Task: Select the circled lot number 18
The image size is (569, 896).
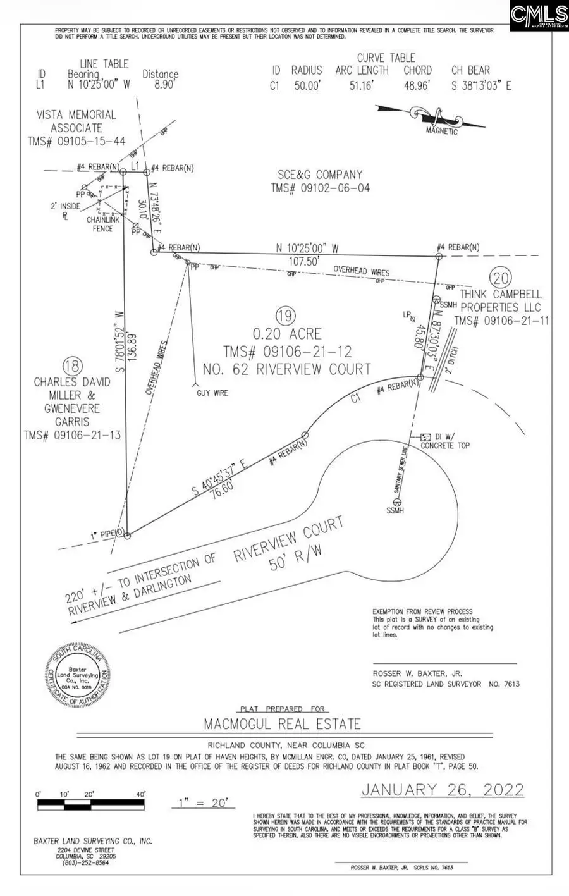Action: [x=73, y=365]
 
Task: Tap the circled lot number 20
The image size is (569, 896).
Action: [x=501, y=278]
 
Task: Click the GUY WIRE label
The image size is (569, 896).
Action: [x=212, y=393]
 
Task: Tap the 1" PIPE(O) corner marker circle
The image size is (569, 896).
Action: [x=126, y=536]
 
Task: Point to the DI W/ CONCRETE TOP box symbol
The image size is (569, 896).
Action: [x=425, y=437]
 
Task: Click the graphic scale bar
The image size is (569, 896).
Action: [x=92, y=805]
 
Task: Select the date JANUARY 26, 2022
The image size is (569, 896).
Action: [x=443, y=790]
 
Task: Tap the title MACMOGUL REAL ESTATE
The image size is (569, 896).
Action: [x=282, y=724]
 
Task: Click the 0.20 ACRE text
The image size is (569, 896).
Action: [x=287, y=334]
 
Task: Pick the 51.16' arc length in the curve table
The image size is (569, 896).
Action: [x=362, y=85]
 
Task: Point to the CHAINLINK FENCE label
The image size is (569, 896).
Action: [x=103, y=224]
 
